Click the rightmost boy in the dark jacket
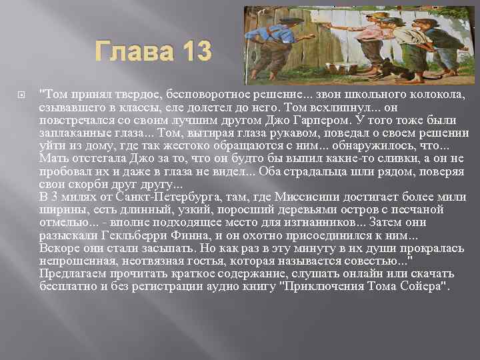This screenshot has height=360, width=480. [437, 43]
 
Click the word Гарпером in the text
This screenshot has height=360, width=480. [338, 119]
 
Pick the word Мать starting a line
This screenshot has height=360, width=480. [52, 158]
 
